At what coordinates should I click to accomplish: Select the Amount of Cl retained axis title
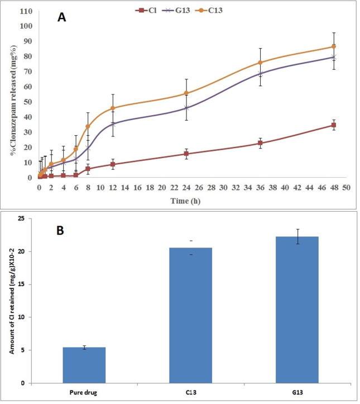(11, 307)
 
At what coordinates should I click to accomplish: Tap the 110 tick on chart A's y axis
(26, 11)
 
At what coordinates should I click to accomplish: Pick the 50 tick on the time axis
(346, 187)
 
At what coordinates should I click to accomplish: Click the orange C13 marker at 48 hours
(334, 46)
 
